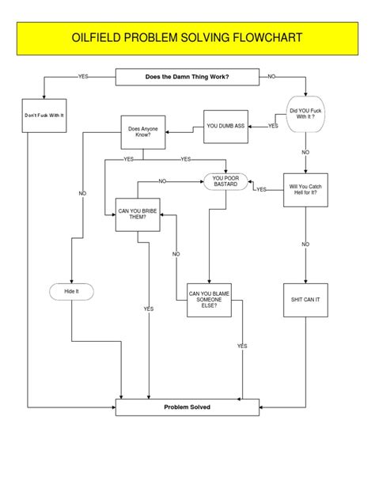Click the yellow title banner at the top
[187, 38]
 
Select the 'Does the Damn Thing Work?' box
[187, 77]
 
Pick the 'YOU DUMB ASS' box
[225, 126]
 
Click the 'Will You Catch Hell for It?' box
[305, 191]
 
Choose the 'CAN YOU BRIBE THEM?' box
[138, 214]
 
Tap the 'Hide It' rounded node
[71, 292]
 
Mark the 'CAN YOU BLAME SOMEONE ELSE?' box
[210, 300]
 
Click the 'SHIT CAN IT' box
[305, 300]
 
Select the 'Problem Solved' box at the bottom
[187, 407]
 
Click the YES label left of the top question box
[83, 77]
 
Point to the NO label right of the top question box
[271, 77]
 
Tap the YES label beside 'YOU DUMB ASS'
[273, 126]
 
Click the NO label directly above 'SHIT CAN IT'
[305, 244]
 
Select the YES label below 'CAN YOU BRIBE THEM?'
[149, 309]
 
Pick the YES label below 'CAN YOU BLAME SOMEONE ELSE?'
[242, 346]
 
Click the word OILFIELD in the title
[99, 38]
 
